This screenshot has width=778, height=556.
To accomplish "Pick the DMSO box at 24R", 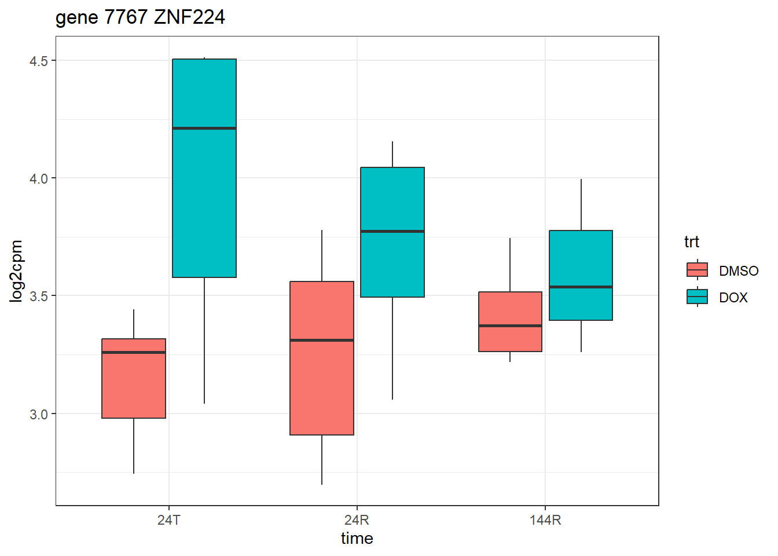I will click(x=322, y=382).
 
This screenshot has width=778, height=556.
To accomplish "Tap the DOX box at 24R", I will click(x=392, y=261).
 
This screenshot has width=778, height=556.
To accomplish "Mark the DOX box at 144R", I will click(x=581, y=261).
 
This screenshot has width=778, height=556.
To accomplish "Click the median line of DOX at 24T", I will click(x=204, y=128).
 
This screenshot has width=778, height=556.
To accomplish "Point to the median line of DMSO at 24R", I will click(x=322, y=340).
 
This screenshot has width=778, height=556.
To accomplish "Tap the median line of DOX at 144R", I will click(x=581, y=287).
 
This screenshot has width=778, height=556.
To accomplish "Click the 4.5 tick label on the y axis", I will click(x=39, y=61).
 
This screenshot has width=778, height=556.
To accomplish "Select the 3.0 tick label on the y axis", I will click(x=39, y=414).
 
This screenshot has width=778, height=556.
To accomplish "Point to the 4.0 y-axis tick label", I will click(x=39, y=178).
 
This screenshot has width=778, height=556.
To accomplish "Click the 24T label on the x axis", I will click(x=168, y=520).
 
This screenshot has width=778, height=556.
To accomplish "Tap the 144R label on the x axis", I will click(x=545, y=520).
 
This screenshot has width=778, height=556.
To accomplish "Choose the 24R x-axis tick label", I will click(x=357, y=520).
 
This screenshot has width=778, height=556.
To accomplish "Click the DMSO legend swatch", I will click(x=697, y=270).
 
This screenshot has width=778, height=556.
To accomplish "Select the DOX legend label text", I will click(x=733, y=298).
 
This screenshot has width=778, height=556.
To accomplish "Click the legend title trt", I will click(x=691, y=242).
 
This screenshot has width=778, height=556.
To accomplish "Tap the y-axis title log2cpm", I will click(x=16, y=271).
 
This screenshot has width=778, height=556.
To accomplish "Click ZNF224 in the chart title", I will click(x=189, y=17).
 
